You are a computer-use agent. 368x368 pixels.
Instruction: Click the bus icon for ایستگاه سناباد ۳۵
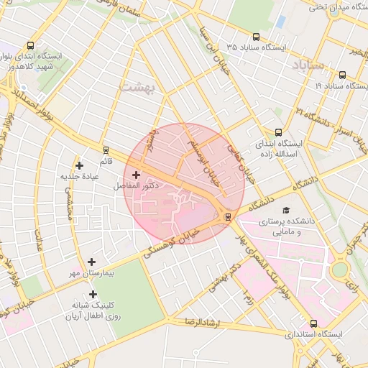(256, 37)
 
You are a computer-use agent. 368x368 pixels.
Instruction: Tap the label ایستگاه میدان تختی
(336, 8)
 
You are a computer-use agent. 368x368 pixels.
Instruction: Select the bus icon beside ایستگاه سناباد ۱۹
(341, 74)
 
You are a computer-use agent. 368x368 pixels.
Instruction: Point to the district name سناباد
(310, 65)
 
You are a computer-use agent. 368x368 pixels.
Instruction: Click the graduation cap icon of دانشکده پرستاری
(287, 210)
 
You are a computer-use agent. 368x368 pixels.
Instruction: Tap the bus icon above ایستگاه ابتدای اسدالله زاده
(278, 132)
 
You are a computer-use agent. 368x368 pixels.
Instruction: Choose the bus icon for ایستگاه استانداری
(313, 323)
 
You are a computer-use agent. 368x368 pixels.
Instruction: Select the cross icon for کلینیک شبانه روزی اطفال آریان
(93, 294)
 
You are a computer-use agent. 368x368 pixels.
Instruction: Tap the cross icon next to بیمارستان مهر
(91, 262)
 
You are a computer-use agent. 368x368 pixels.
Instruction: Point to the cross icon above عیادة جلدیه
(79, 166)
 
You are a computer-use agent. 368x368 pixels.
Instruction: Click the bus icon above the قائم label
(106, 150)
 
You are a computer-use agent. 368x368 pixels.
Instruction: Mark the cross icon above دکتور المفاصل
(136, 175)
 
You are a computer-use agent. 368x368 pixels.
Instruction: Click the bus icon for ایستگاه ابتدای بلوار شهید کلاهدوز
(29, 45)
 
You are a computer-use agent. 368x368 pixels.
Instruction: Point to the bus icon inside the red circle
(228, 216)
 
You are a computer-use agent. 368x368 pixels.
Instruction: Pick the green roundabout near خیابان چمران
(340, 270)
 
